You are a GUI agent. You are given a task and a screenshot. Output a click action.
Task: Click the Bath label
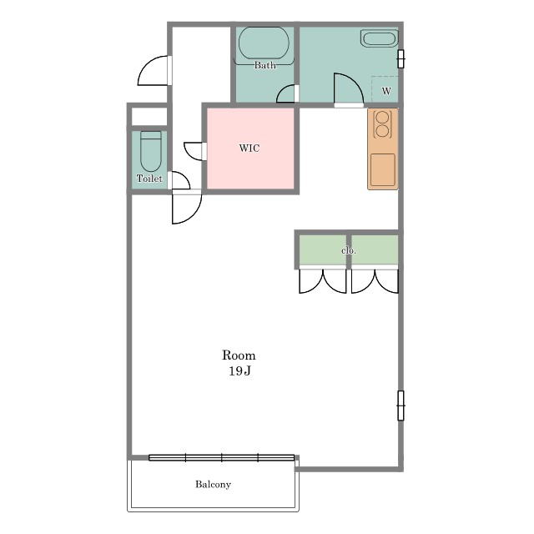click(x=265, y=65)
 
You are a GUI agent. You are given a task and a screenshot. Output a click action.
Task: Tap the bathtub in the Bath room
click(x=264, y=43)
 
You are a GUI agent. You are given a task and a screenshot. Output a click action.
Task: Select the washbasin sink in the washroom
click(x=379, y=38)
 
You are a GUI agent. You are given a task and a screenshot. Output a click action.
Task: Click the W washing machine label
click(x=386, y=91)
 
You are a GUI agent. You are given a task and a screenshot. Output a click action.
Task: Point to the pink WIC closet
click(x=250, y=149)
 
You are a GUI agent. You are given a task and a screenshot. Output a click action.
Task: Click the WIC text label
click(x=249, y=149)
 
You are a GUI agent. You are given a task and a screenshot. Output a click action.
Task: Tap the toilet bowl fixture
click(x=151, y=152)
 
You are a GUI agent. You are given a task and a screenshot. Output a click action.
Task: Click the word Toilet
click(x=149, y=178)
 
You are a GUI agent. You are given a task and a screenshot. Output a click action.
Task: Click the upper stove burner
click(x=383, y=118)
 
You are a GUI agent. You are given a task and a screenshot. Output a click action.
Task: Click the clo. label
click(x=349, y=250)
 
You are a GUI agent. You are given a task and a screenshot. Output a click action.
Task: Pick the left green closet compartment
click(x=323, y=249)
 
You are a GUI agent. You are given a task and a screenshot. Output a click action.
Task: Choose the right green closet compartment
click(x=375, y=249)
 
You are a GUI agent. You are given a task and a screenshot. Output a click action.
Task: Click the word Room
click(x=239, y=355)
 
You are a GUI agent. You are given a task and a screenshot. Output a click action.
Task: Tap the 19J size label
click(x=239, y=370)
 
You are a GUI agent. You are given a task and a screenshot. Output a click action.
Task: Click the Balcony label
click(x=214, y=484)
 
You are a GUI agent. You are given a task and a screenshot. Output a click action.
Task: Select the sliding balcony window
click(x=221, y=458)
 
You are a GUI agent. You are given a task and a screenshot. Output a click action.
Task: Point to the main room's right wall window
click(x=400, y=406)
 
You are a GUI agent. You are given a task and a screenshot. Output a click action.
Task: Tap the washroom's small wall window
click(x=400, y=59)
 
